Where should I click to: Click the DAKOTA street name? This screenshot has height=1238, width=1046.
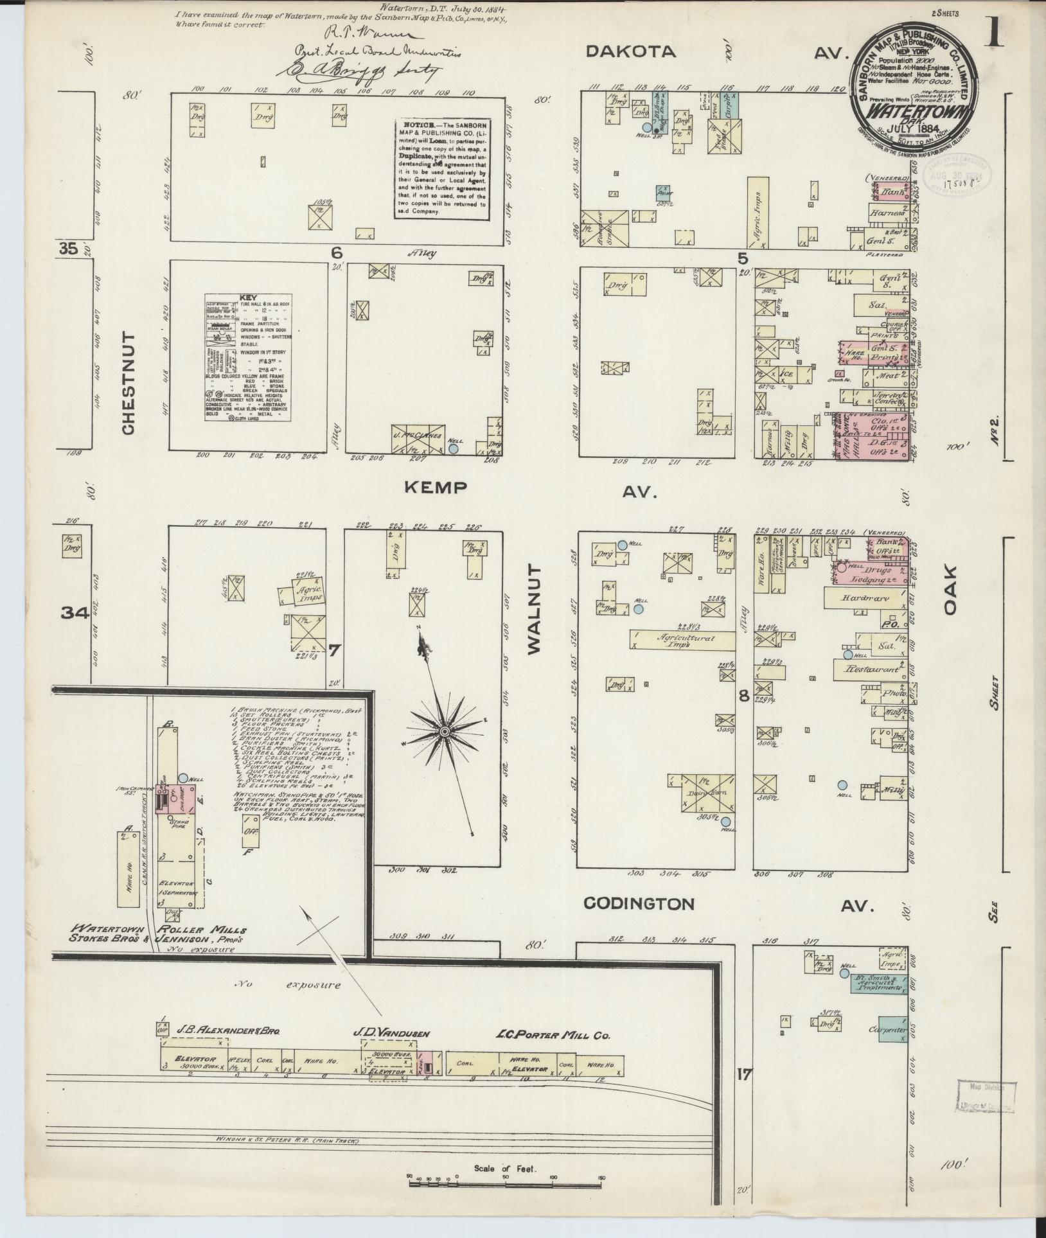coord(632,52)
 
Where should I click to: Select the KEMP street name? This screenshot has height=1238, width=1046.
coord(435,488)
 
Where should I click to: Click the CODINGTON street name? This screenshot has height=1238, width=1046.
coord(639,904)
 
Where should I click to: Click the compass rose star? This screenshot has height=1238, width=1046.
coord(443,731)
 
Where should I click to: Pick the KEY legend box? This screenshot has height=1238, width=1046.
coord(247,358)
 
